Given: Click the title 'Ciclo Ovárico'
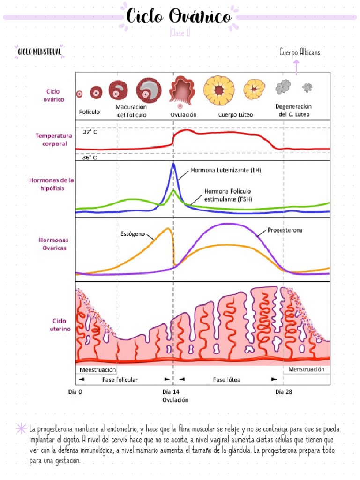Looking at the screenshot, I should pos(179,17).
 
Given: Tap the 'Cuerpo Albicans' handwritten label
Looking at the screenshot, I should pos(300,52).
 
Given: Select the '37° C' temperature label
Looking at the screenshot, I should pos(90,132).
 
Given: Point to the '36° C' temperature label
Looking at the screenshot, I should pos(90,157).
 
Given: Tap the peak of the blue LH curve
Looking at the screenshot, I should pos(173,164).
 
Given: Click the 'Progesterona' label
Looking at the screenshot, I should pos(285,230).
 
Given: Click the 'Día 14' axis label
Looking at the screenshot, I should pos(171,392).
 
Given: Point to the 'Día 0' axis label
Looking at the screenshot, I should pos(75,392).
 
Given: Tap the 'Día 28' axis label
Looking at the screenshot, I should pos(284,392).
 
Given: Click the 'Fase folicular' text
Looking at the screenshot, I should pos(120,379).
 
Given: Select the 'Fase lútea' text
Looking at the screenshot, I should pos(226,379).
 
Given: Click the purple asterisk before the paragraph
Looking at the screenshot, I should pos(21,428).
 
